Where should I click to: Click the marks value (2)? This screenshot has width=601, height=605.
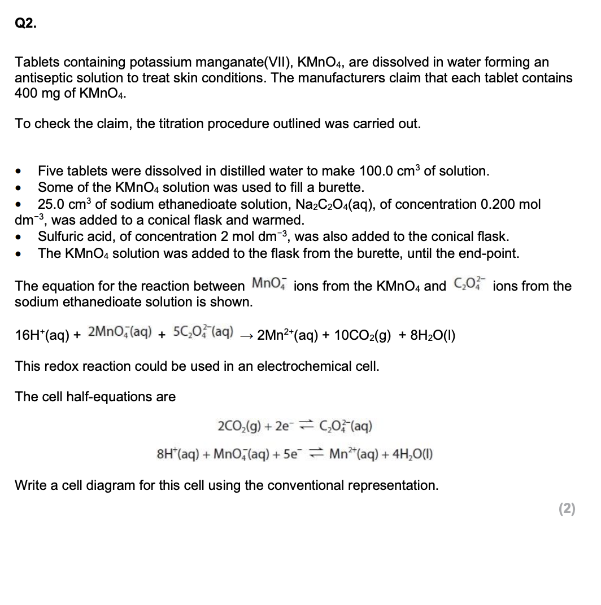pos(567,509)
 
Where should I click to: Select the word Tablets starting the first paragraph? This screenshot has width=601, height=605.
pos(36,62)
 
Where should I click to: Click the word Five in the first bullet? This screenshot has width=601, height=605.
pos(50,171)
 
